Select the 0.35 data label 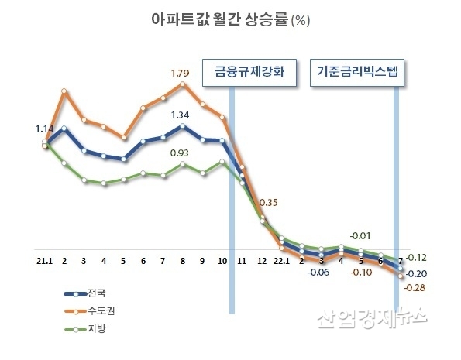(x=269, y=203)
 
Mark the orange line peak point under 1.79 (x=183, y=84)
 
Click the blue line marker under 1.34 (x=183, y=126)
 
